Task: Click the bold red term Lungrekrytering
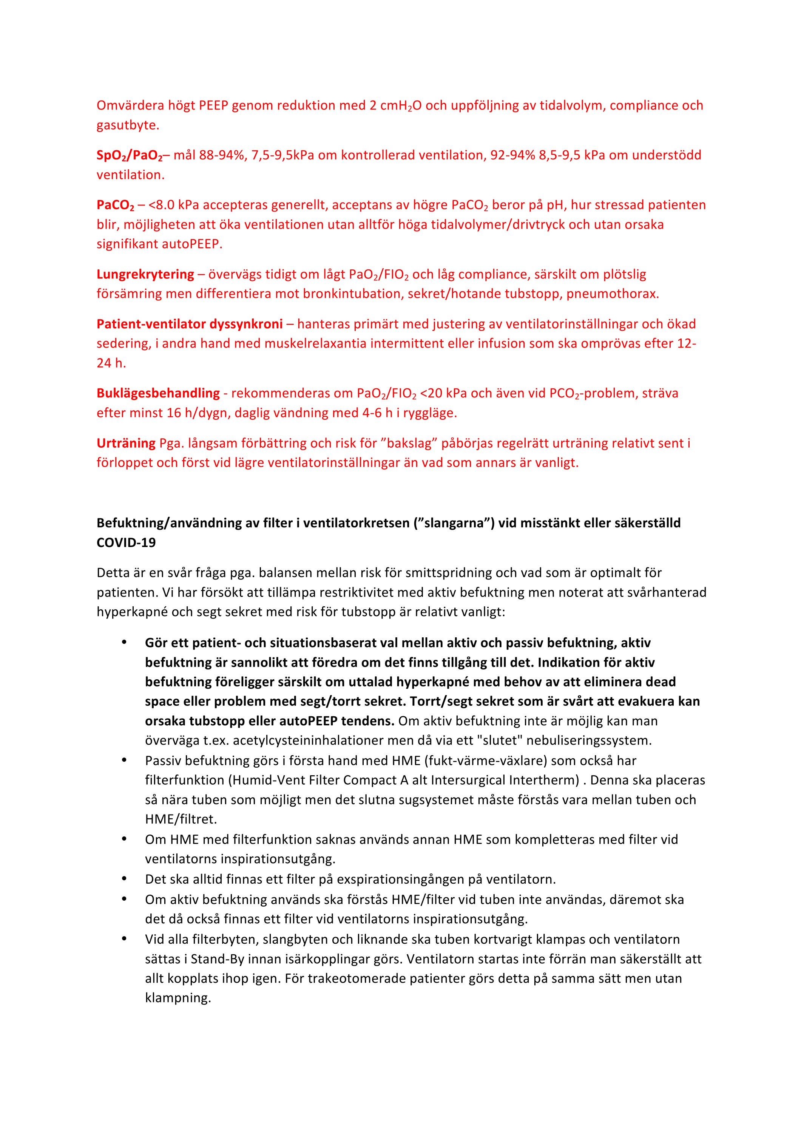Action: click(145, 274)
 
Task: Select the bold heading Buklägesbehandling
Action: click(158, 393)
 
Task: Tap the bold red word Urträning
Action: click(126, 443)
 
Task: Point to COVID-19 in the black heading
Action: click(126, 543)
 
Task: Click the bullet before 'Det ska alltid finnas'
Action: click(124, 879)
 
